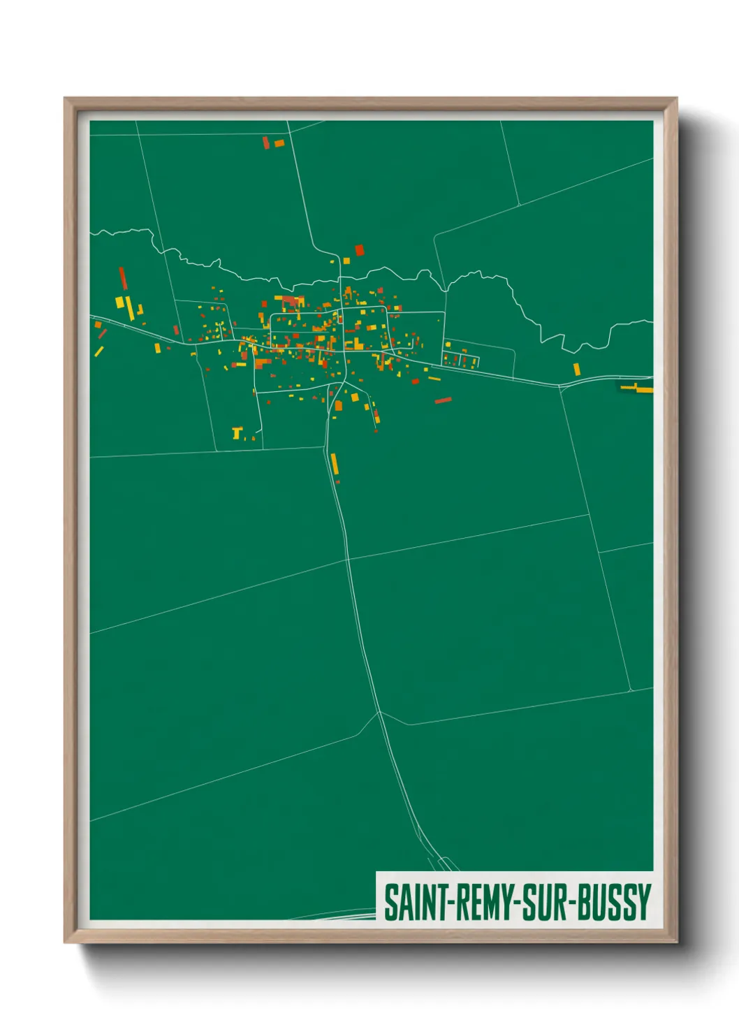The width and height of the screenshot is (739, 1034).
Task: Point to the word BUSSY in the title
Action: (x=615, y=902)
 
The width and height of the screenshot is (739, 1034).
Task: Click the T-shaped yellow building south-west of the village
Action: (x=237, y=433)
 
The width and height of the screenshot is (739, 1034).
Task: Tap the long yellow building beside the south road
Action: (x=335, y=464)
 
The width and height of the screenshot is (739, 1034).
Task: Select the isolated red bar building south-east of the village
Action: (x=443, y=400)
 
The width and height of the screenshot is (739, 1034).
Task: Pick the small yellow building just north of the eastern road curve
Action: (x=576, y=369)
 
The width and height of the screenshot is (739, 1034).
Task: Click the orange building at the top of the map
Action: (x=279, y=143)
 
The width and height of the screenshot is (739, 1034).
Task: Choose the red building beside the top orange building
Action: (x=265, y=143)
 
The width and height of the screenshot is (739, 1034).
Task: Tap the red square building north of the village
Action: (x=360, y=249)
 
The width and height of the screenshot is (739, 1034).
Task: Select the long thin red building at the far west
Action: (x=122, y=277)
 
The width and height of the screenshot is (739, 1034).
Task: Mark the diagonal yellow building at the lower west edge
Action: (x=99, y=351)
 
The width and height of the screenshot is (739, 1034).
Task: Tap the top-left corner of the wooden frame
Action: (x=66, y=99)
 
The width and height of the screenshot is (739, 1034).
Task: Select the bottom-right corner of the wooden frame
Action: (x=676, y=942)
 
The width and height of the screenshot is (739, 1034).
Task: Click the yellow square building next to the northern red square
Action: (x=346, y=261)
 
